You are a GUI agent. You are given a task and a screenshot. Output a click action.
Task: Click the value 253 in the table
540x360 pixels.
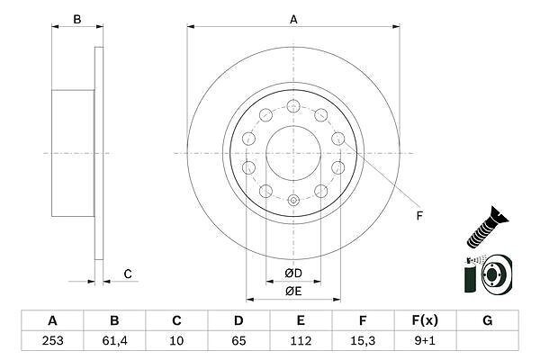pyautogui.click(x=52, y=341)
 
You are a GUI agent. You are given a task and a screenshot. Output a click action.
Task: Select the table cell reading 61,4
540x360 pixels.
pyautogui.click(x=114, y=341)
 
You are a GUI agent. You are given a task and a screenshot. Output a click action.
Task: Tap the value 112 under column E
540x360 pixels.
pyautogui.click(x=301, y=341)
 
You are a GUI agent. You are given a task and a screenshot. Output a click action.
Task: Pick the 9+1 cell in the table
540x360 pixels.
pyautogui.click(x=425, y=341)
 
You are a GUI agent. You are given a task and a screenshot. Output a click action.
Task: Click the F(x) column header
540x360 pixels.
pyautogui.click(x=425, y=320)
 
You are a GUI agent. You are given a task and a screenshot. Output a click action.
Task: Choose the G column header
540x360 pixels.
pyautogui.click(x=487, y=320)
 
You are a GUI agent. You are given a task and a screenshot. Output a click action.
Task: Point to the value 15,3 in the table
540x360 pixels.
pyautogui.click(x=363, y=341)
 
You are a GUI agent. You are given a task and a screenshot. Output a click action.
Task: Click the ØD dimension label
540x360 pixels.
pyautogui.click(x=293, y=274)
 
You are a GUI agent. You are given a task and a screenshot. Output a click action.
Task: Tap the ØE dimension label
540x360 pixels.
pyautogui.click(x=293, y=291)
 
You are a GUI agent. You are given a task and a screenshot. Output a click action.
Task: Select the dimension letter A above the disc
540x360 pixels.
pyautogui.click(x=293, y=19)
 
